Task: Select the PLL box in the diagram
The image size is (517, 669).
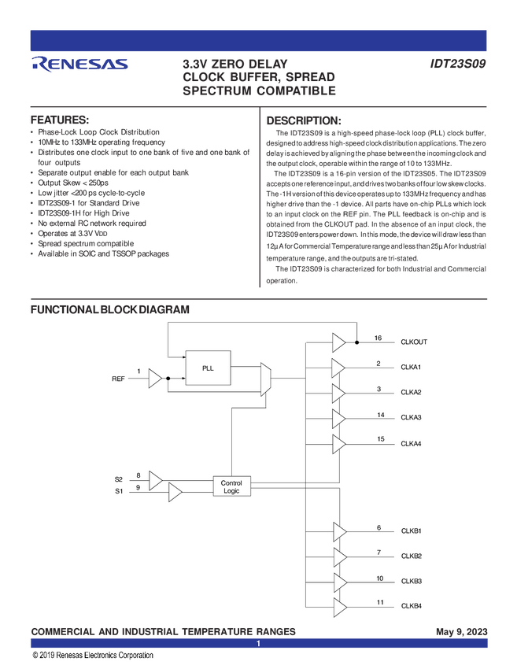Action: (208, 368)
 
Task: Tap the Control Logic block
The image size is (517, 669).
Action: (231, 486)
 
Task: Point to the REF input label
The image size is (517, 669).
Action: (118, 379)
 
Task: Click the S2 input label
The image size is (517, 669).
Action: (119, 479)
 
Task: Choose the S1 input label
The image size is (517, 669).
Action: (119, 492)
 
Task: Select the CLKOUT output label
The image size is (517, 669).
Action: (414, 342)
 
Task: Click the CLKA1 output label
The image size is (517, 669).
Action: (412, 368)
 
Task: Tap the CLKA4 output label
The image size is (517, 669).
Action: (412, 444)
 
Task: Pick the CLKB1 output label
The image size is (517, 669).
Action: (412, 531)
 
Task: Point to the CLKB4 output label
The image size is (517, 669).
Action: (412, 606)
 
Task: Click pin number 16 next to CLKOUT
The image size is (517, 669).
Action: (379, 338)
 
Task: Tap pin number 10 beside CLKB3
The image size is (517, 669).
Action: (380, 578)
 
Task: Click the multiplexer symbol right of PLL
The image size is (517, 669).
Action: (265, 379)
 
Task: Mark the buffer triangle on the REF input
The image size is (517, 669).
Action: (155, 379)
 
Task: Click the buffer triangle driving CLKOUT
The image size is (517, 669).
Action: (338, 342)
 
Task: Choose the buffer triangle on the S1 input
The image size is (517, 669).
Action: (175, 493)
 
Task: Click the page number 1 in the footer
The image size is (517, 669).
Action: (258, 644)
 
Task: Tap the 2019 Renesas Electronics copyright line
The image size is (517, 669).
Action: (92, 655)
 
